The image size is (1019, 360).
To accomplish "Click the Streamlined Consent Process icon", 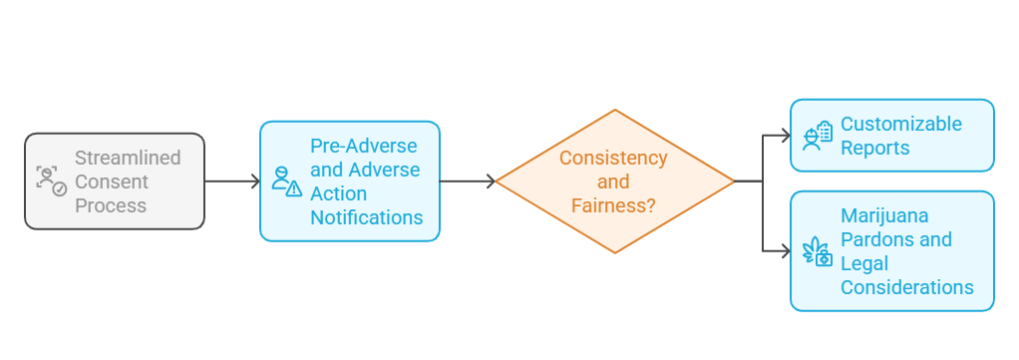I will [51, 180].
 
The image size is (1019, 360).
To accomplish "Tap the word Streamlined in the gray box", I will [128, 158].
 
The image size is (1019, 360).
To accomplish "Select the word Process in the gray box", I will [111, 205].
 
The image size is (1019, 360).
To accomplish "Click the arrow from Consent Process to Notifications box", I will [231, 181].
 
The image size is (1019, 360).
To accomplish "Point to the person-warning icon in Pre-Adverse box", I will [286, 181].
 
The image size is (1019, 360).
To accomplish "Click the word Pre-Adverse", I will [364, 146].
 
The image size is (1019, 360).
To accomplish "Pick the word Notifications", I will [366, 217].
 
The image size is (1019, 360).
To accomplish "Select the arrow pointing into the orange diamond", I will [467, 181].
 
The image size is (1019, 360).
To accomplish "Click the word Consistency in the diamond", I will [613, 158].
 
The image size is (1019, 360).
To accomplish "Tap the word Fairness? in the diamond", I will [613, 205].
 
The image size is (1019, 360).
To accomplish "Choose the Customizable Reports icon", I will [818, 136].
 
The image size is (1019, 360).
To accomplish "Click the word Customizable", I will [900, 124].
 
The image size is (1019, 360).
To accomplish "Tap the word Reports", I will [874, 148].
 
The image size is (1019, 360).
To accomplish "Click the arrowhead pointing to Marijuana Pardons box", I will [784, 250].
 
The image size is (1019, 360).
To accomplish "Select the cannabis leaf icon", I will [818, 251].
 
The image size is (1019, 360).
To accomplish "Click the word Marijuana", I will [884, 215].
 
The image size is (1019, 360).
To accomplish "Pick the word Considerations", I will [906, 287].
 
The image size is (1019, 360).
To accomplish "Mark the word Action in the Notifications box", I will [339, 193].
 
